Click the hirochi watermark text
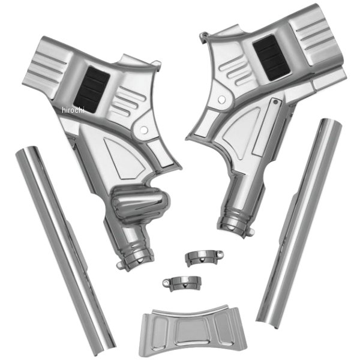pyautogui.click(x=73, y=110)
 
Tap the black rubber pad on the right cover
pyautogui.click(x=271, y=58)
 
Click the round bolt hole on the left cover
pyautogui.click(x=144, y=130)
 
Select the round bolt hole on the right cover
pyautogui.click(x=221, y=100)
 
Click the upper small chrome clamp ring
pyautogui.click(x=204, y=257)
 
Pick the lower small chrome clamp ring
pyautogui.click(x=182, y=283)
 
